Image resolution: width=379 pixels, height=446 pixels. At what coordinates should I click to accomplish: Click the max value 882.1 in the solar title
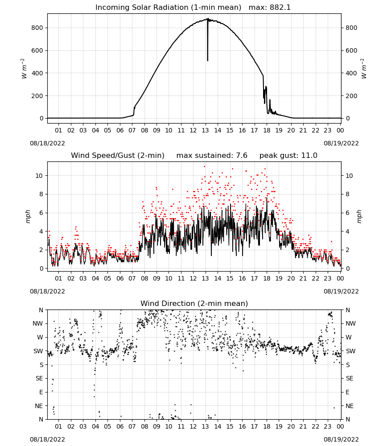pyautogui.click(x=280, y=7)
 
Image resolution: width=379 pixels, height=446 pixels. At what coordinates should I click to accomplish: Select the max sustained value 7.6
pyautogui.click(x=241, y=155)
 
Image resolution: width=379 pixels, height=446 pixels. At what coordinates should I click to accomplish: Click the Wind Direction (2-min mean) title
pyautogui.click(x=194, y=303)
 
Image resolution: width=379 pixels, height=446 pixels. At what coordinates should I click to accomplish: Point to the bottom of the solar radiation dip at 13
pyautogui.click(x=207, y=61)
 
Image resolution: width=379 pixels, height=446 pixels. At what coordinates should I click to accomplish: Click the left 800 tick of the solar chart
pyautogui.click(x=37, y=28)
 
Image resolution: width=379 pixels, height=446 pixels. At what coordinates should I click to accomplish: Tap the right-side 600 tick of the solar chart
pyautogui.click(x=351, y=51)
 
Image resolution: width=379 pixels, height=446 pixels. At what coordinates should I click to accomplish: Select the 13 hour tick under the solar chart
pyautogui.click(x=205, y=130)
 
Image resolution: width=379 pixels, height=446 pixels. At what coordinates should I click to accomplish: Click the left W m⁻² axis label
pyautogui.click(x=24, y=69)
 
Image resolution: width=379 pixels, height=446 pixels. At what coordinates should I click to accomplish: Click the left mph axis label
pyautogui.click(x=28, y=216)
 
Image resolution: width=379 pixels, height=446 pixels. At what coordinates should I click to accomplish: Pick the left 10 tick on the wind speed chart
pyautogui.click(x=39, y=176)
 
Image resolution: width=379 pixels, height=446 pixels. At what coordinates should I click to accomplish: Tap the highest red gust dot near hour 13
pyautogui.click(x=204, y=167)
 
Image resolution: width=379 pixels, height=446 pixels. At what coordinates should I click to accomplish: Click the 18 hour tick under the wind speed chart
pyautogui.click(x=267, y=278)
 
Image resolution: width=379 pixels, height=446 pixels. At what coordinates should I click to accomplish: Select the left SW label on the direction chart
pyautogui.click(x=38, y=351)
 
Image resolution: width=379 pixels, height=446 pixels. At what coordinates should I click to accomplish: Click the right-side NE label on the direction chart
pyautogui.click(x=350, y=406)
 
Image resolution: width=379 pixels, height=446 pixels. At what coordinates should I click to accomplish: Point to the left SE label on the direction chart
pyautogui.click(x=39, y=378)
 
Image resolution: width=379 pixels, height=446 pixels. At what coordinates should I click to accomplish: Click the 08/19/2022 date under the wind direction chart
pyautogui.click(x=341, y=439)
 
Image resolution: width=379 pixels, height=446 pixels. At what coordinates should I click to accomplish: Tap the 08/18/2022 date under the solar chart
pyautogui.click(x=47, y=143)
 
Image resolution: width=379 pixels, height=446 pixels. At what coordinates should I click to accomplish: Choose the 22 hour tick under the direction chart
pyautogui.click(x=315, y=426)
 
